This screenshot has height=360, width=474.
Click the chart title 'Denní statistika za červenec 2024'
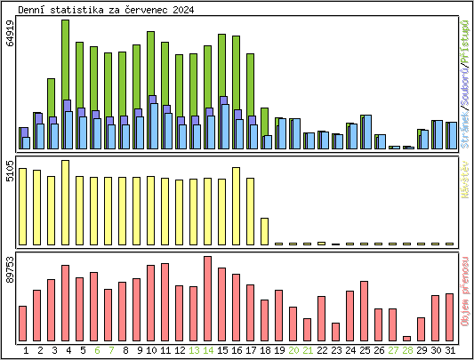[x=105, y=9]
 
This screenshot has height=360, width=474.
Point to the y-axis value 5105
[x=10, y=171]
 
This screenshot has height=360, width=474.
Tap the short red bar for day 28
[x=406, y=338]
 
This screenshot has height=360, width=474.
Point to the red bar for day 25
[x=364, y=310]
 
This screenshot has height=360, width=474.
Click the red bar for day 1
[x=23, y=323]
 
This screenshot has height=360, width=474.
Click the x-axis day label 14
[x=207, y=350]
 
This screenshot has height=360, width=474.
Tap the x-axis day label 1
[x=26, y=350]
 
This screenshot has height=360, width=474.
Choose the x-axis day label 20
[x=293, y=350]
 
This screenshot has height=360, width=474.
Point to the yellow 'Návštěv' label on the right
[x=464, y=179]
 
